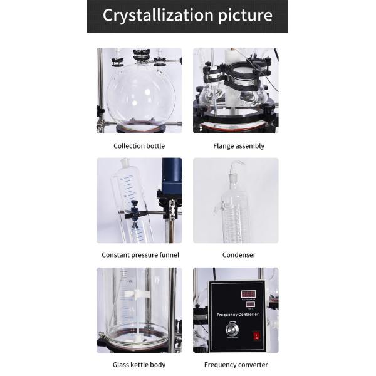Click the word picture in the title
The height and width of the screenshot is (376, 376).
[240, 16]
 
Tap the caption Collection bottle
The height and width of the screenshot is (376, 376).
[139, 146]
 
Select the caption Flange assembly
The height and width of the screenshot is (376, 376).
[239, 146]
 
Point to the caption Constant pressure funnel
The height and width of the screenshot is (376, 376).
[140, 255]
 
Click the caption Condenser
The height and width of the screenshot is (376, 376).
[239, 255]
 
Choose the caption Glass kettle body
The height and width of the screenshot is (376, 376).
[139, 365]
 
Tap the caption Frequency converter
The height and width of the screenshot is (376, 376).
[236, 365]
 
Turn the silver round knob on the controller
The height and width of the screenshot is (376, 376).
[232, 330]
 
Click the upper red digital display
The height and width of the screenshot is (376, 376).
[248, 293]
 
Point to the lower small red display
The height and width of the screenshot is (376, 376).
[249, 304]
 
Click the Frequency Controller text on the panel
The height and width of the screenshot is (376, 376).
[236, 315]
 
